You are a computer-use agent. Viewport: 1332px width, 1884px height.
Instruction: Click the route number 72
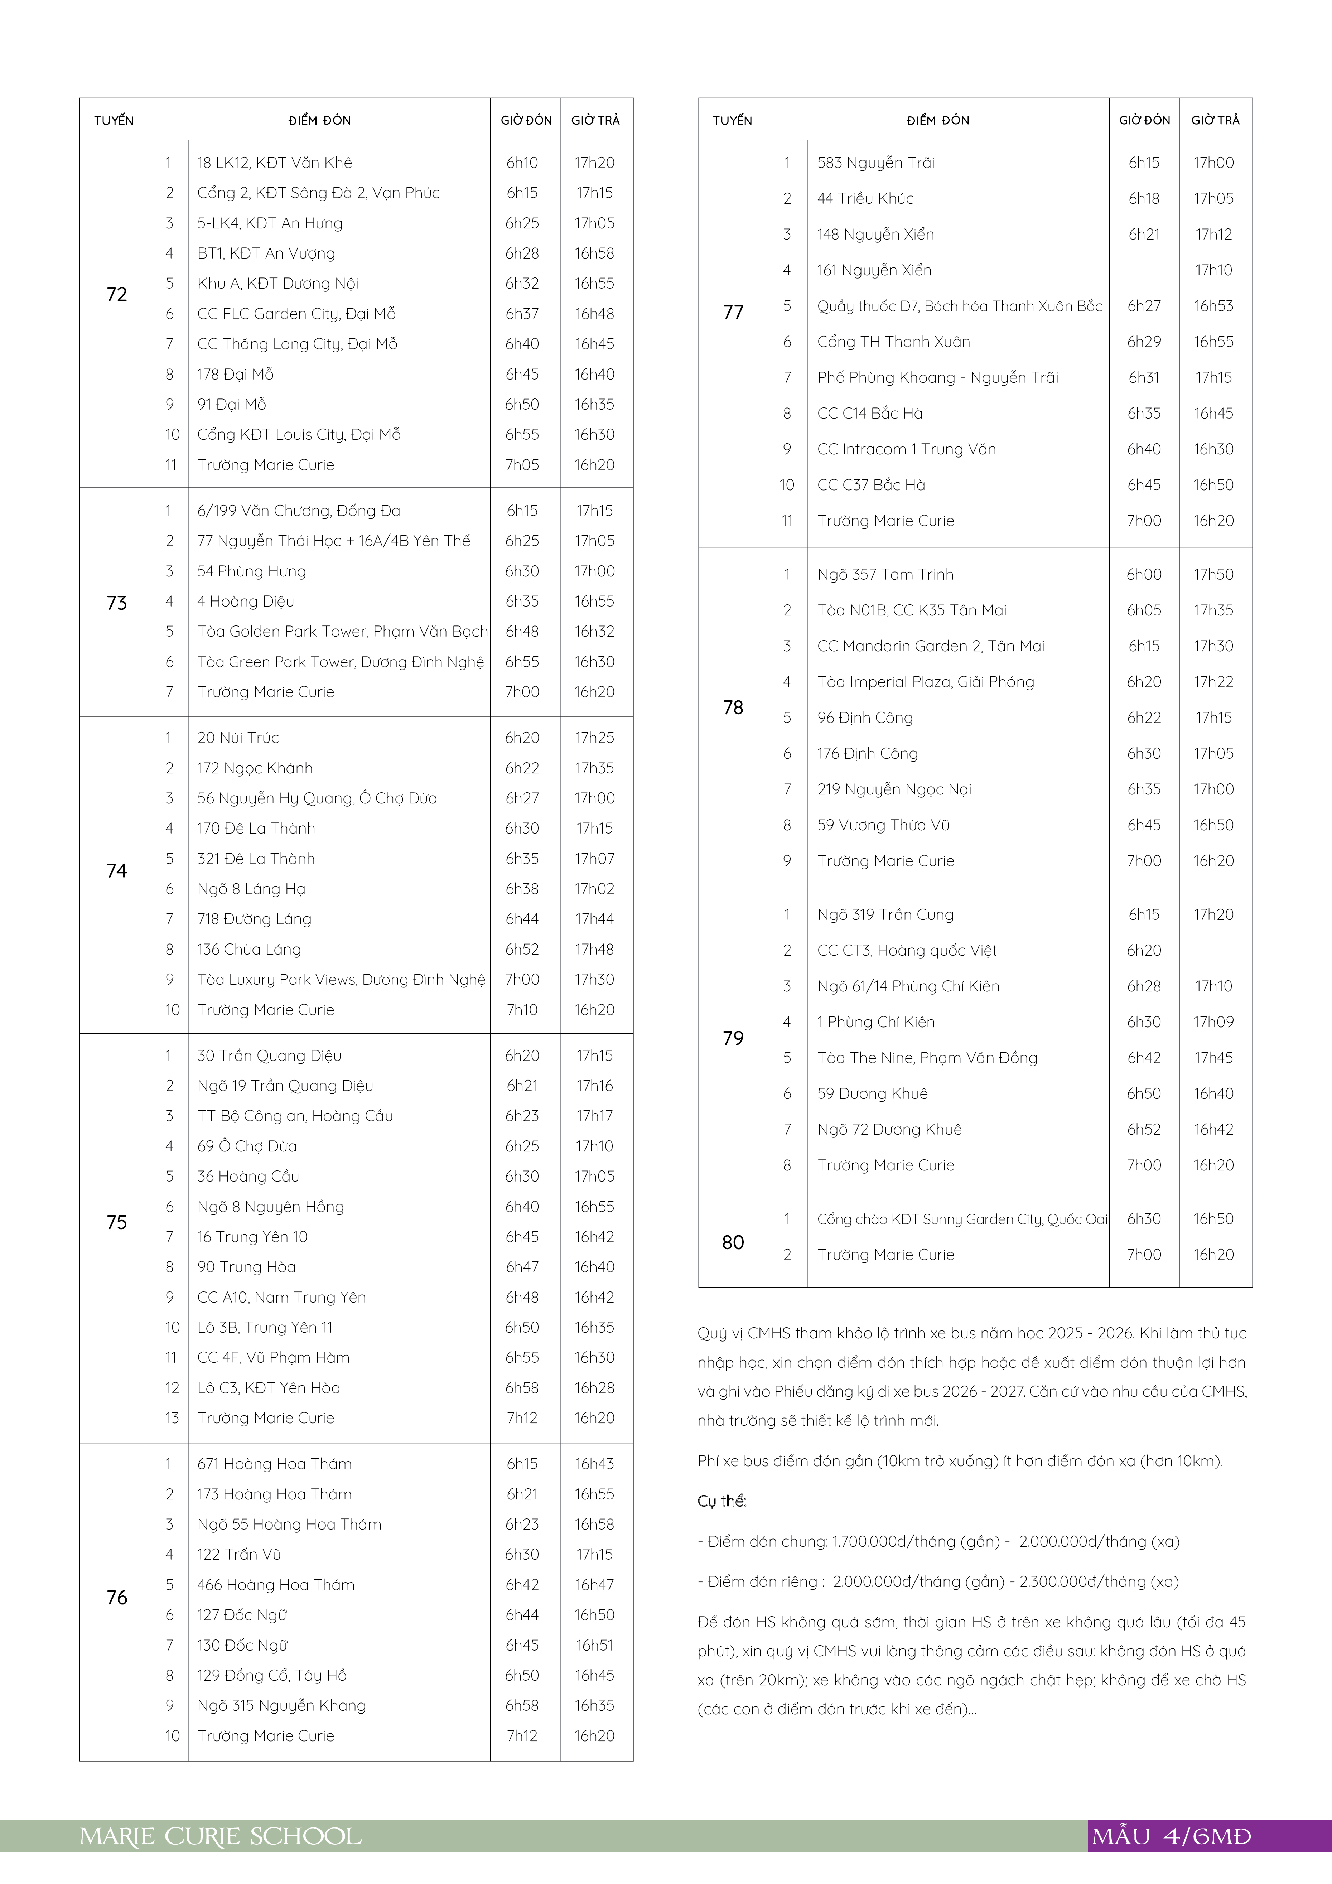point(116,295)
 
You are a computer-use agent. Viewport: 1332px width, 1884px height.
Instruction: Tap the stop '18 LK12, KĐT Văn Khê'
point(274,163)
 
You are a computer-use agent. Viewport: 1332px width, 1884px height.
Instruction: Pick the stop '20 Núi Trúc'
point(238,738)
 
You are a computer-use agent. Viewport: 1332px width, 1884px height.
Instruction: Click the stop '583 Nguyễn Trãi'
point(876,163)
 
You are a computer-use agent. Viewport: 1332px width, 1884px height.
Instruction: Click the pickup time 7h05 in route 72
point(522,464)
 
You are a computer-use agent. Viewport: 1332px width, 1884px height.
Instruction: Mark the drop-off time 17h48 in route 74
point(594,950)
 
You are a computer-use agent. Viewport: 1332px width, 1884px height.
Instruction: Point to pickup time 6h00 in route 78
point(1143,574)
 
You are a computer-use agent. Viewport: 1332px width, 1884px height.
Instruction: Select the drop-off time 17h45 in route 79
point(1213,1058)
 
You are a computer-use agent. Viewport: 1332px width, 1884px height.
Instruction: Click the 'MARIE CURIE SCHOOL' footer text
point(220,1836)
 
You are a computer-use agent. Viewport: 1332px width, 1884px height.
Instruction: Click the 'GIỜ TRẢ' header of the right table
point(1215,120)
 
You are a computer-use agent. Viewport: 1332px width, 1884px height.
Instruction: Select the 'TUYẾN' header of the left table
point(114,121)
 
